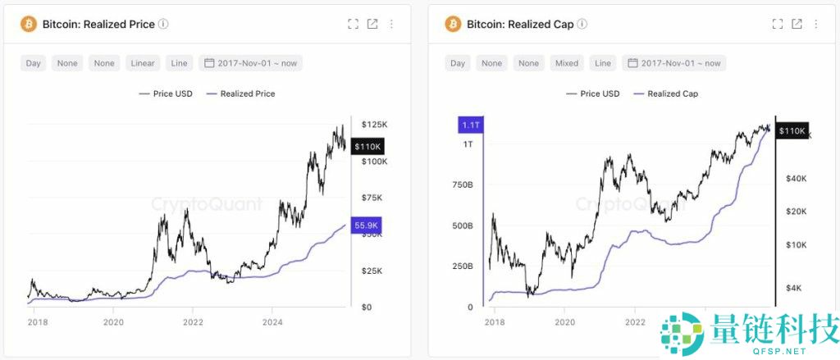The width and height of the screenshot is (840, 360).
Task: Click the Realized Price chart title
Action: (x=99, y=25)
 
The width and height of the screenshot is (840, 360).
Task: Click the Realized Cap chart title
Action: (x=520, y=25)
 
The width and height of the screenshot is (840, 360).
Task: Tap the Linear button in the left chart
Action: (x=142, y=63)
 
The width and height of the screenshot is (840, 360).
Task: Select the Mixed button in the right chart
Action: (x=566, y=63)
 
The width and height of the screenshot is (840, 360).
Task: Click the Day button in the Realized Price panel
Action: (x=34, y=63)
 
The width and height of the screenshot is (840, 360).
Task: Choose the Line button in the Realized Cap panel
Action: (x=603, y=63)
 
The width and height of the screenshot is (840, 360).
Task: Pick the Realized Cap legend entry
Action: (x=666, y=93)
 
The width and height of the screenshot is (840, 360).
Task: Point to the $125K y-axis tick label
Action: (x=374, y=124)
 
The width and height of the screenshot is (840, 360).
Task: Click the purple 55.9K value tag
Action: (x=367, y=225)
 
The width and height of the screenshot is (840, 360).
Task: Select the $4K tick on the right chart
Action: (x=794, y=288)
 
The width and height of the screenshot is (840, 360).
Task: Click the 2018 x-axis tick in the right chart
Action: (x=494, y=322)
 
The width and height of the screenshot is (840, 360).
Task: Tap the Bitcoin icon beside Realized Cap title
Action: (x=454, y=25)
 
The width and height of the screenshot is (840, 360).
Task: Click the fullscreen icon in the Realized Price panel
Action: (x=354, y=25)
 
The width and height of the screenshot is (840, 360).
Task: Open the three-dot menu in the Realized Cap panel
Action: (x=816, y=25)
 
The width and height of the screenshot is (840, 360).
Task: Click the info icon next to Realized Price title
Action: (x=163, y=25)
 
